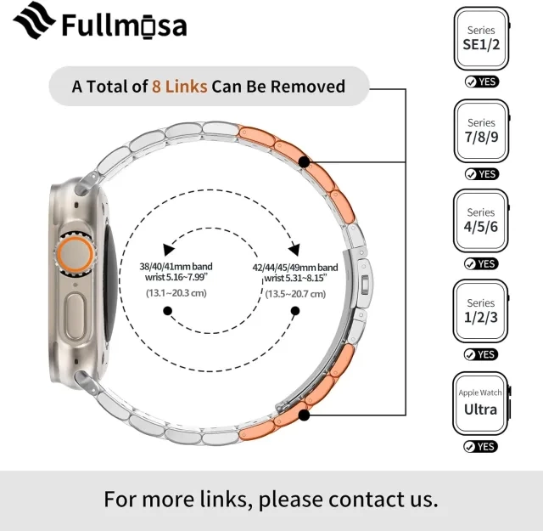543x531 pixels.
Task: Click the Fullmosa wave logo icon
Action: (34, 20)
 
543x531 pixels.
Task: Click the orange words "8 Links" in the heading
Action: (179, 87)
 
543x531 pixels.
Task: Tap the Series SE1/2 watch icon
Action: (482, 38)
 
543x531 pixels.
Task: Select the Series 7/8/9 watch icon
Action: (482, 131)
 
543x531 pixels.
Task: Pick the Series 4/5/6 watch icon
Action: (481, 221)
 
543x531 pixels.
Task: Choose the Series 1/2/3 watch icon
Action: (481, 311)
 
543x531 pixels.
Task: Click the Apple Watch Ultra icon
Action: (481, 404)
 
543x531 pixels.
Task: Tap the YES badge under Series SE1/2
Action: (482, 82)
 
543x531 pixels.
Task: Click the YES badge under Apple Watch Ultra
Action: (481, 446)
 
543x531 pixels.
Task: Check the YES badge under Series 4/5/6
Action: (481, 264)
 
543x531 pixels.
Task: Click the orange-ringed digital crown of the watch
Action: (75, 254)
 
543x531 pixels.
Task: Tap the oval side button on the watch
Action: (76, 316)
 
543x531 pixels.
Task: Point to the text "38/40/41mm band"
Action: (176, 267)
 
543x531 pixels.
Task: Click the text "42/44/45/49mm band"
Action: (295, 268)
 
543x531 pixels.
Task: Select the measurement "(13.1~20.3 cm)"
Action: (176, 293)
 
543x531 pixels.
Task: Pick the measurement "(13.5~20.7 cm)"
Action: (295, 294)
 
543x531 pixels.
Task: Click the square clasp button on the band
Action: (365, 285)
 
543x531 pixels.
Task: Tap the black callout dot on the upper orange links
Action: (305, 162)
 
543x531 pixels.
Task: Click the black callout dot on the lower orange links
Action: (304, 415)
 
